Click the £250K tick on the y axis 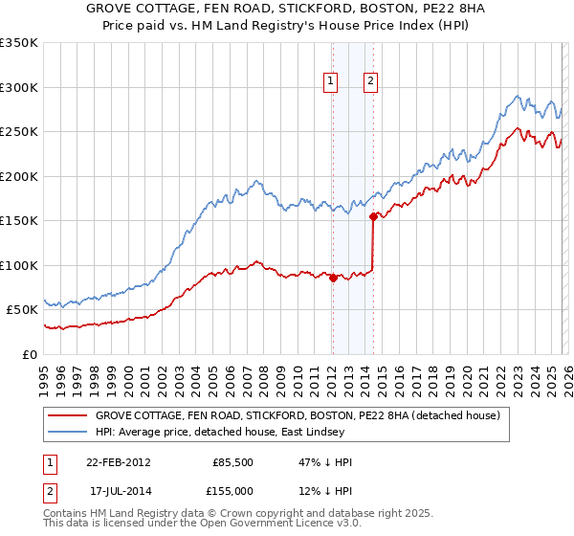click(19, 132)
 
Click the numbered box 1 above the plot click(330, 82)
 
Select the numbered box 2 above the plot click(369, 82)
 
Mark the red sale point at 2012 click(333, 279)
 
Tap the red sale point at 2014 click(373, 216)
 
